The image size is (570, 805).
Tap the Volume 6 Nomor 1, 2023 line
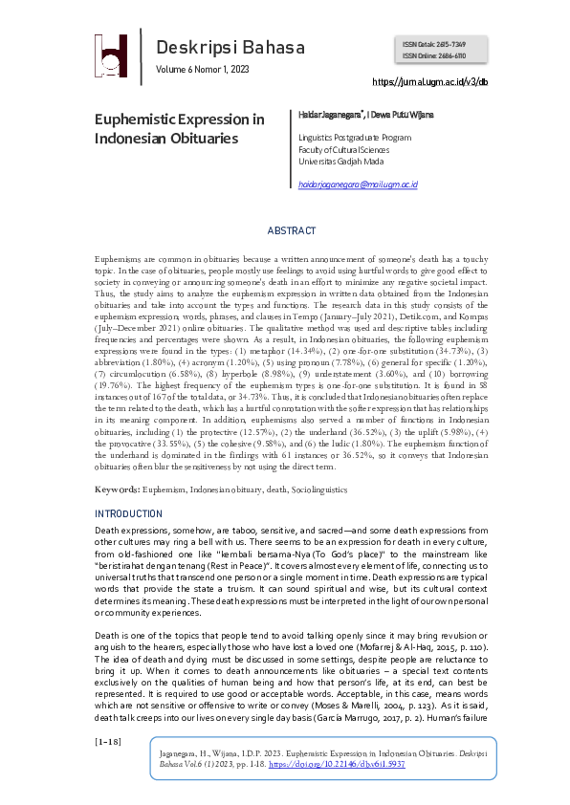pyautogui.click(x=203, y=71)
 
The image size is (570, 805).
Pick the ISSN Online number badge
pyautogui.click(x=440, y=55)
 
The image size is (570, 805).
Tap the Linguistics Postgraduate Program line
pyautogui.click(x=355, y=138)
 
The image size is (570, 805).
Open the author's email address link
pyautogui.click(x=359, y=184)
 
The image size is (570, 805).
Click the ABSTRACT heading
pyautogui.click(x=291, y=231)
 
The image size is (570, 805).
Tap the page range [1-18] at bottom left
pyautogui.click(x=106, y=742)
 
